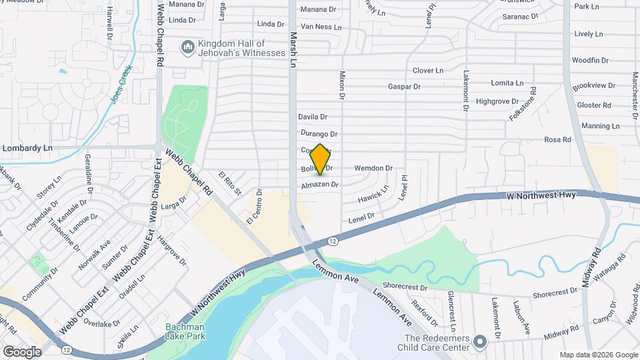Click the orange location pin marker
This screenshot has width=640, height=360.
coord(320,159)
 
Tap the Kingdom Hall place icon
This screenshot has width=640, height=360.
coord(187,48)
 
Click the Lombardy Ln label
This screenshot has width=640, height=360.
coord(27,148)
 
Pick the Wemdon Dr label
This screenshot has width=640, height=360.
coord(373,169)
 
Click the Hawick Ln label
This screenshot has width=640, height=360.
coord(373,197)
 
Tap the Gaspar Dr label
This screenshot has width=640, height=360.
coord(405,87)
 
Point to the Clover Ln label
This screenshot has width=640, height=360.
coord(427,70)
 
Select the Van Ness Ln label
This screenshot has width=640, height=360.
coord(321,27)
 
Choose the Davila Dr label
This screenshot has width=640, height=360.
coord(313,117)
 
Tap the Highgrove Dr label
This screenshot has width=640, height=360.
coord(497,101)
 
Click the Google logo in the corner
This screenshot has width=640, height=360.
coord(22,351)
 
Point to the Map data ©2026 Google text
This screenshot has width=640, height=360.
coord(598,355)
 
